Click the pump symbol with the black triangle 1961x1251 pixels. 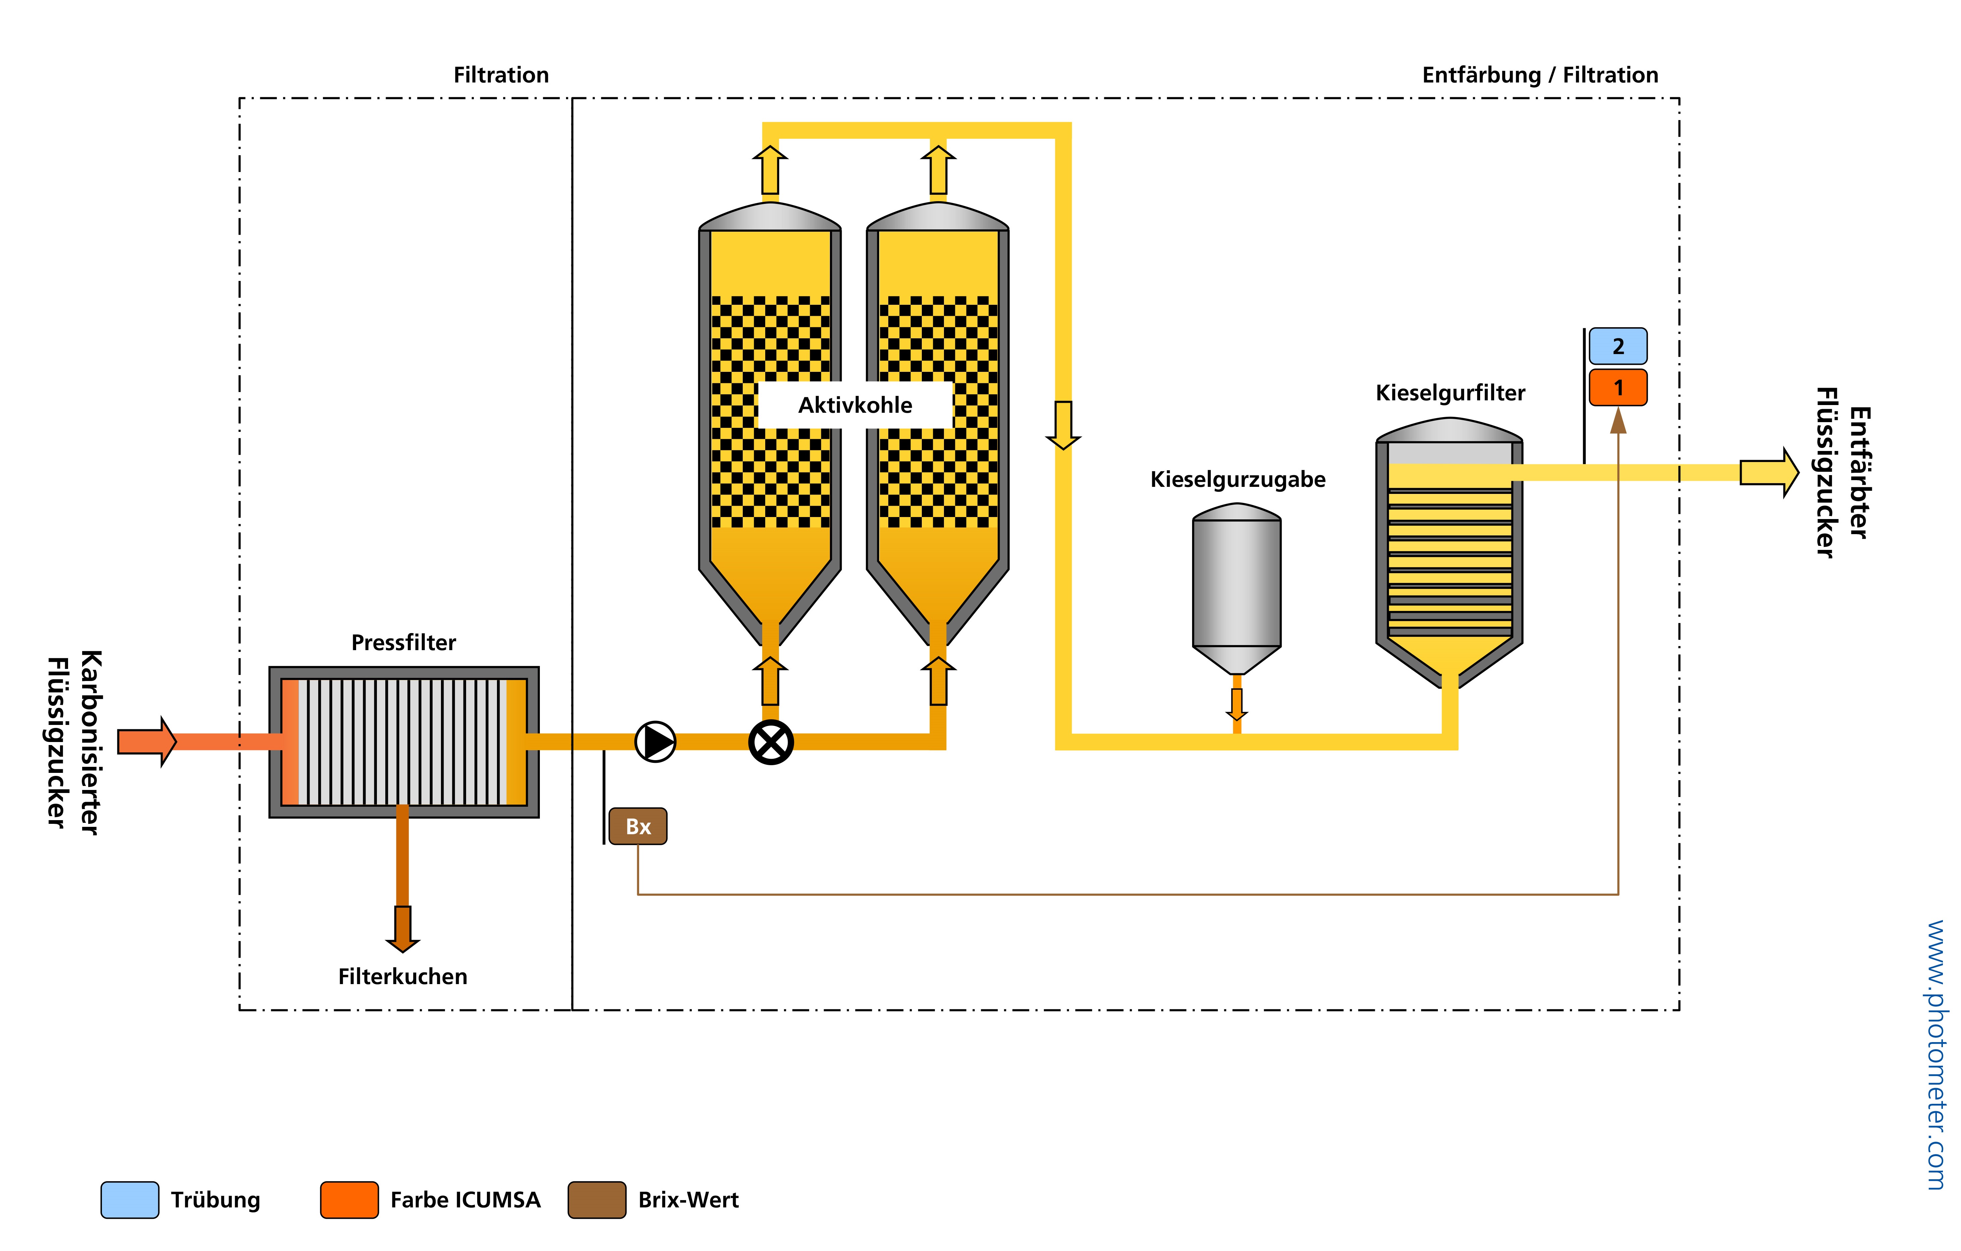(x=655, y=741)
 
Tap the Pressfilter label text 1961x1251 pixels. (x=403, y=643)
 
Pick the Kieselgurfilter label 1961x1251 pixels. (x=1450, y=393)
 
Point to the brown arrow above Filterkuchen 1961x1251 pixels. (x=402, y=928)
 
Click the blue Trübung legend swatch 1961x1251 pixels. (x=129, y=1200)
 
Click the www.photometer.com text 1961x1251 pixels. (x=1937, y=1055)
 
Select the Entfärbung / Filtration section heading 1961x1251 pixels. (x=1539, y=75)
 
